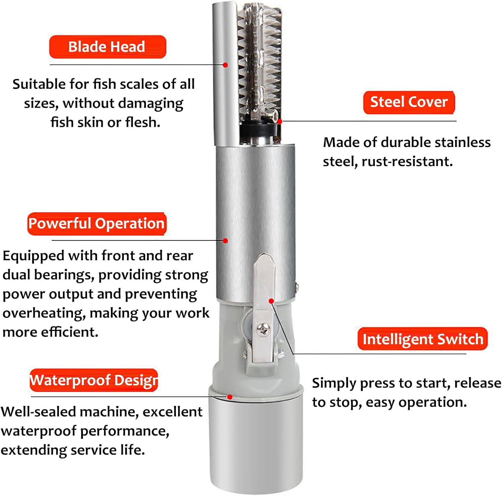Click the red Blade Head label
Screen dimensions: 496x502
tap(107, 47)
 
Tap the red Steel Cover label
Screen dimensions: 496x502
tap(409, 102)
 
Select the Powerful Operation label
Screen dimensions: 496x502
tap(97, 224)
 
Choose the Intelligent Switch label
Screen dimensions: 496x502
tap(422, 339)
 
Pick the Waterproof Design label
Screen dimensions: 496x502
tap(94, 380)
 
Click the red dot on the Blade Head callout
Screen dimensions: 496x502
tap(226, 65)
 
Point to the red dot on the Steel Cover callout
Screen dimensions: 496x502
tap(280, 122)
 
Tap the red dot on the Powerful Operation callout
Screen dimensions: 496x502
tap(226, 241)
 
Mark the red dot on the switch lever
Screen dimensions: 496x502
tap(271, 301)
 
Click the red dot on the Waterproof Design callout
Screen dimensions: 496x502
tap(230, 397)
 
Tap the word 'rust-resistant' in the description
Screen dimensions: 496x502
tap(407, 162)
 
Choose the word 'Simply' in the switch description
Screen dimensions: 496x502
tap(334, 383)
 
